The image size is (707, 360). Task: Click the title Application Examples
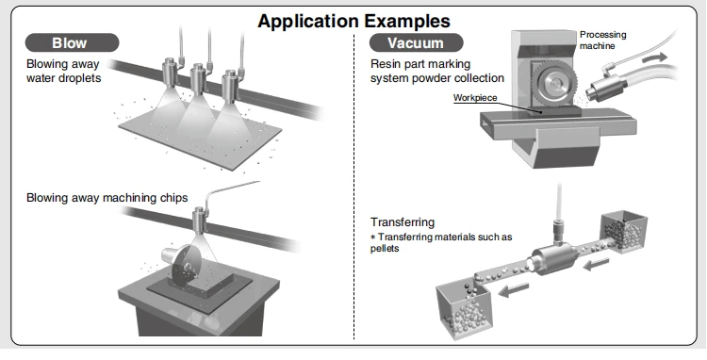353,21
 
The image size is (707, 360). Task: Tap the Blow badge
73,42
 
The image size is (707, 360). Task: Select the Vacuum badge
416,42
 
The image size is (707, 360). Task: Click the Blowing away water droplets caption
63,71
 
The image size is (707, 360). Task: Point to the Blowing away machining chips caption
107,198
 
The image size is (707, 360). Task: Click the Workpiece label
475,98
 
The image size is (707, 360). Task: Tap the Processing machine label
603,41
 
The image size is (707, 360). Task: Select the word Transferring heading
403,222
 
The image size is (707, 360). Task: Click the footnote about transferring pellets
441,242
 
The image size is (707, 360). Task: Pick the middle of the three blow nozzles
199,79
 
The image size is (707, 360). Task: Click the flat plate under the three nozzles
200,134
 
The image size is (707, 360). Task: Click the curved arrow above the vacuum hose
655,57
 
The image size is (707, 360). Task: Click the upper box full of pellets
624,232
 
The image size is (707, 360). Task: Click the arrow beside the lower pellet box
514,289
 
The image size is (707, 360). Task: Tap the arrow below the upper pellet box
596,265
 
